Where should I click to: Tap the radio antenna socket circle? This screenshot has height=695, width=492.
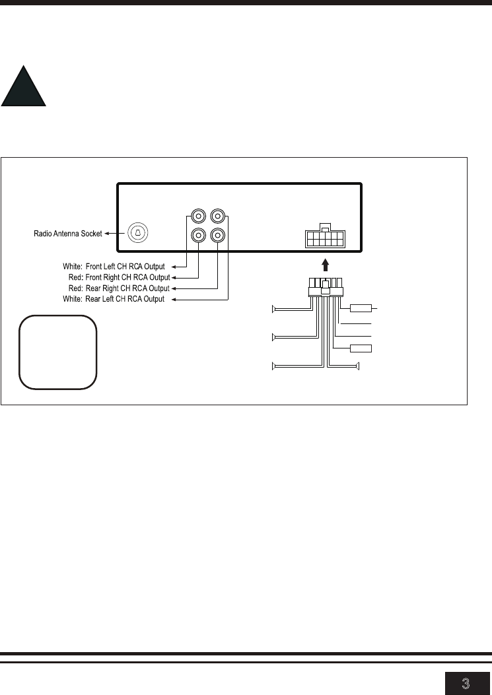[137, 233]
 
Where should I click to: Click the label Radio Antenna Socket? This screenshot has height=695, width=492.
[68, 234]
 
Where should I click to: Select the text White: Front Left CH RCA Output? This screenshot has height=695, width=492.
[114, 267]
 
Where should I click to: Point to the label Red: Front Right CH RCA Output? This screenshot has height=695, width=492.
[120, 277]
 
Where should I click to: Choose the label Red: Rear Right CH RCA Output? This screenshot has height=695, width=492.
[119, 288]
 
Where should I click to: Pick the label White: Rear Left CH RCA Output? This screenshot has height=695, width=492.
[114, 299]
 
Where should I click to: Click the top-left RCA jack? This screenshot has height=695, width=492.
[198, 216]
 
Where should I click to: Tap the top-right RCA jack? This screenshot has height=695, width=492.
[217, 216]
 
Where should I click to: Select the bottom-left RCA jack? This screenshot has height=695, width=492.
[198, 235]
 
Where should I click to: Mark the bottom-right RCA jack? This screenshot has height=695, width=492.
[217, 235]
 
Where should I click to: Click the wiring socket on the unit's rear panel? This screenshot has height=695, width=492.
[325, 237]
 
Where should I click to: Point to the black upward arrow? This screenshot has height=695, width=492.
[326, 265]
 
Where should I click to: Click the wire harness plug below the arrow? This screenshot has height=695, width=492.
[326, 287]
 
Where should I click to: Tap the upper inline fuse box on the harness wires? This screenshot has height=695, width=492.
[361, 308]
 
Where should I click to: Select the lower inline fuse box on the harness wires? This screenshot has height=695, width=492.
[361, 348]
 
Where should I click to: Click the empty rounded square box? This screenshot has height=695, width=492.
[57, 352]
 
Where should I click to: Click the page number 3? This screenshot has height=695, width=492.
[466, 683]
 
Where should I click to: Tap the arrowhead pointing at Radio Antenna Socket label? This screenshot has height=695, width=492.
[107, 233]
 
